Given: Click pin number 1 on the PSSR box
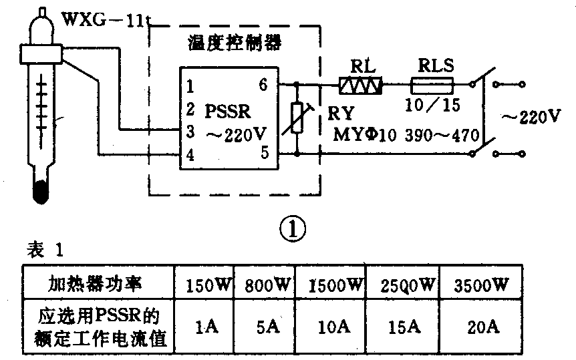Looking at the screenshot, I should (191, 85).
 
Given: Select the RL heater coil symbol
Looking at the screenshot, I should (361, 85).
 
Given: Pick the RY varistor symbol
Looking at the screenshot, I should (299, 120).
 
